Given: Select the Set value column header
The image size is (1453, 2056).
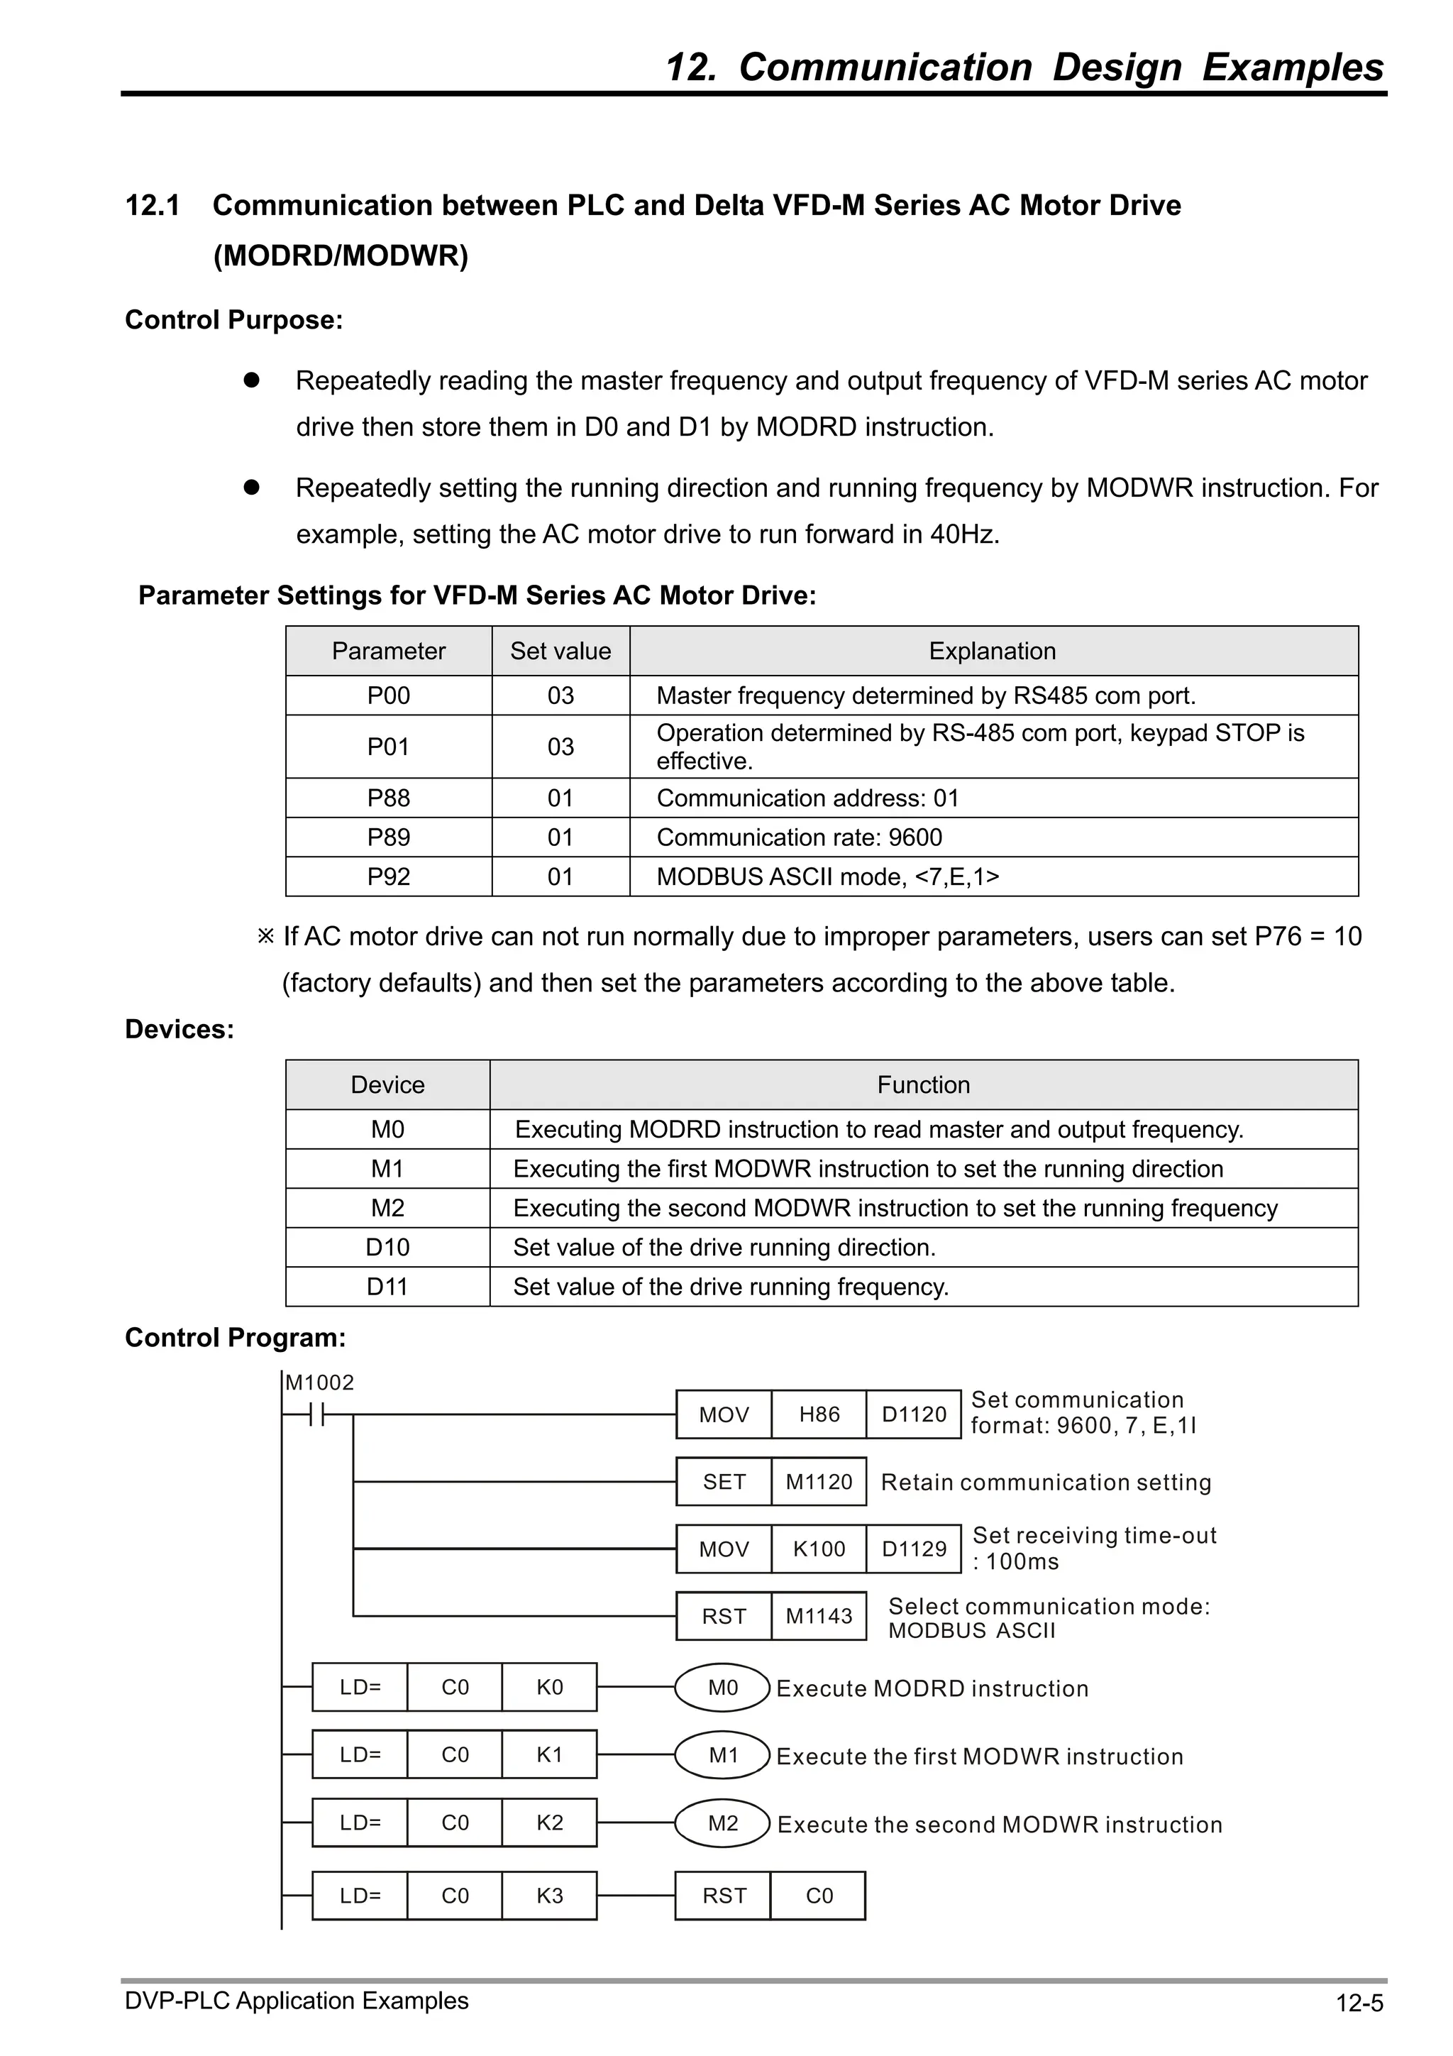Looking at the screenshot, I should (x=560, y=651).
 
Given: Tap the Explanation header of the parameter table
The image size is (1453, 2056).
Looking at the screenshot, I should (x=992, y=651).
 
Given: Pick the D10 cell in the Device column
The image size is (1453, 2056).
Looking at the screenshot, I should (x=387, y=1248).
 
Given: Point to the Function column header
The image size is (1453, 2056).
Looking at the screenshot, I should (x=922, y=1085).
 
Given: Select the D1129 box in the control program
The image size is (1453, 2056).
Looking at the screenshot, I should (x=913, y=1549).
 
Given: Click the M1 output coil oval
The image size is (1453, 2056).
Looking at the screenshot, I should (x=722, y=1756).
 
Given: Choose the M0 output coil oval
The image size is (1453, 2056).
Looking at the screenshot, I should (x=722, y=1688).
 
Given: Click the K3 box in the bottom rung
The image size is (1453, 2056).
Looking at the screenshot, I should (x=549, y=1896).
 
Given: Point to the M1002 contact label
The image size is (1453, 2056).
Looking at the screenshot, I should (x=319, y=1383).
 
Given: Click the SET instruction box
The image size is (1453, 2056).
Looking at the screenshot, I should (x=724, y=1482).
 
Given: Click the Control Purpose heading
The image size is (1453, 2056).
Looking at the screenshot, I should (x=233, y=319).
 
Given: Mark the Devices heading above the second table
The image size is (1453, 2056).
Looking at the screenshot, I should (x=179, y=1030).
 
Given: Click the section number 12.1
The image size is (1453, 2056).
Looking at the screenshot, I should (x=153, y=206).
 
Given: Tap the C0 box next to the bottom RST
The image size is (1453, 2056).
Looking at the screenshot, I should (x=818, y=1896).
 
